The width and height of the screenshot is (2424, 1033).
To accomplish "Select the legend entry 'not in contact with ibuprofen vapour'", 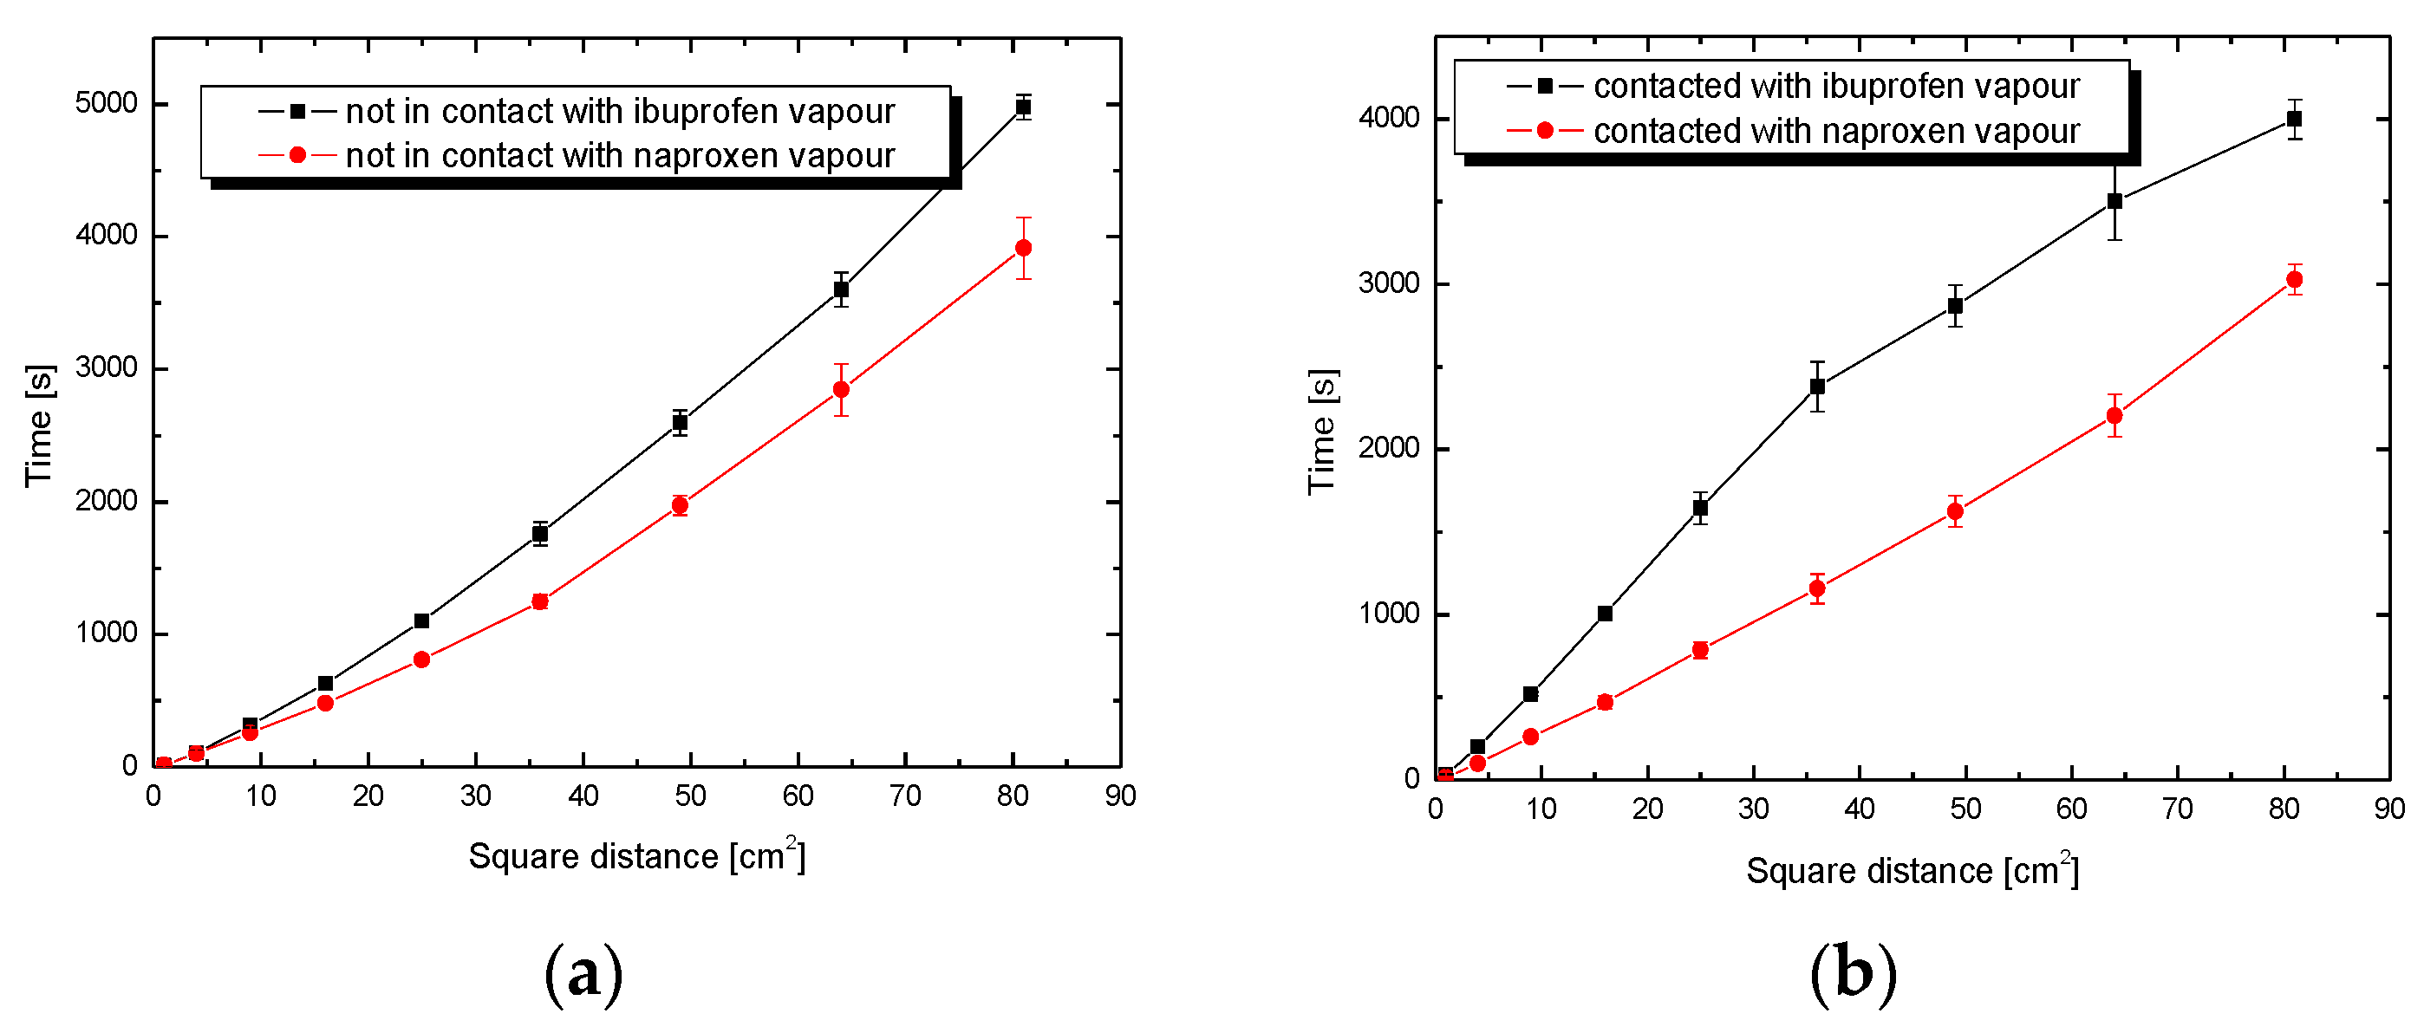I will click(619, 112).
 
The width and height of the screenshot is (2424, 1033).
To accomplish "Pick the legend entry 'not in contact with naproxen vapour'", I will click(619, 156).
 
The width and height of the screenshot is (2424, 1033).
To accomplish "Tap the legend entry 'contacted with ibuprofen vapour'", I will click(1835, 87).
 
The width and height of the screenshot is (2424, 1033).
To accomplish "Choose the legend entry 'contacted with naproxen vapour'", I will click(1835, 132).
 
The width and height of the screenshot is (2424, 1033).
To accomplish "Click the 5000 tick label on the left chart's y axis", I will click(107, 103).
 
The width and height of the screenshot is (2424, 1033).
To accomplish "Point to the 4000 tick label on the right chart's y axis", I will click(1389, 119).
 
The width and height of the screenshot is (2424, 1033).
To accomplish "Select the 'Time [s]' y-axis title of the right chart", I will click(1322, 431).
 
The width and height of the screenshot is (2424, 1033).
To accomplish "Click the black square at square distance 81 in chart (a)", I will click(1023, 107).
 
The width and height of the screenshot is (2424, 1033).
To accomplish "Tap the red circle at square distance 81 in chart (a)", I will click(1023, 249).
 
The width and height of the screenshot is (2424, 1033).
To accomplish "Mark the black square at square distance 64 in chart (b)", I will click(2114, 201).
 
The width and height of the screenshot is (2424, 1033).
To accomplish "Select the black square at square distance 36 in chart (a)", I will click(540, 535).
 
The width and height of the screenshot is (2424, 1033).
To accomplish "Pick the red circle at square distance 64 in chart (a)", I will click(841, 389).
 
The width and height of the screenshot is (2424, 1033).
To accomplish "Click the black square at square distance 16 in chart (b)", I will click(1606, 614).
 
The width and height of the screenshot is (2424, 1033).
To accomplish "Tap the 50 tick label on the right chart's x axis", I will click(1965, 809).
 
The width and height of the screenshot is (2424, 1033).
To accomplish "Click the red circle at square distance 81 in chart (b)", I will click(2294, 279).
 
